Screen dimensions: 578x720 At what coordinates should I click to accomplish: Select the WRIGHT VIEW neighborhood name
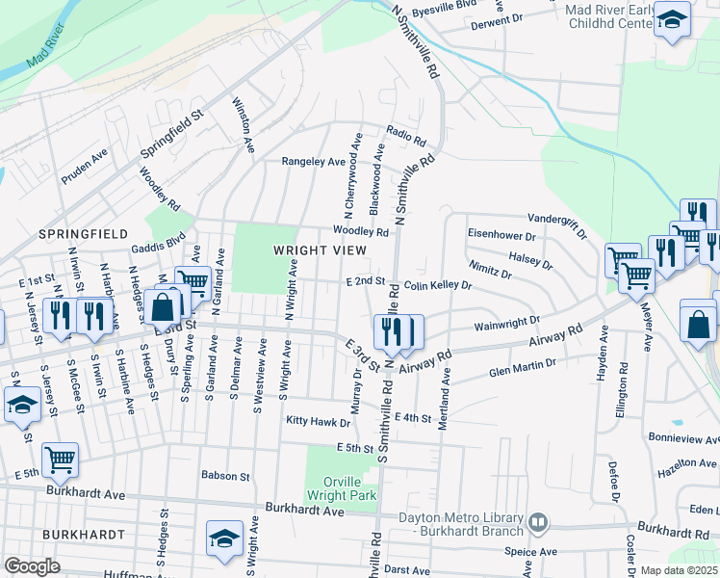(x=320, y=250)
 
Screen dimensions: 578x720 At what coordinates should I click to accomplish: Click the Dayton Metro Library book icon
(x=538, y=524)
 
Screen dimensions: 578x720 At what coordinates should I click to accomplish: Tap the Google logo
(x=32, y=566)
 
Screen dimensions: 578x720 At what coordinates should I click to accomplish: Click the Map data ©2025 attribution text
(x=678, y=570)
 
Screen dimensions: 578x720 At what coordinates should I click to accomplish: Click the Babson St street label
(x=225, y=476)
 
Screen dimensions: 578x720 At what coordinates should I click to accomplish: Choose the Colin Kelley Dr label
(x=438, y=286)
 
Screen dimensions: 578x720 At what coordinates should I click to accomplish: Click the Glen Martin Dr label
(x=523, y=366)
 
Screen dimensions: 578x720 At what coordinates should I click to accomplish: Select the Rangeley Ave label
(x=313, y=162)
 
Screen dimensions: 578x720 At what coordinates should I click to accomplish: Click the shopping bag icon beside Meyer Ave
(x=697, y=325)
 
